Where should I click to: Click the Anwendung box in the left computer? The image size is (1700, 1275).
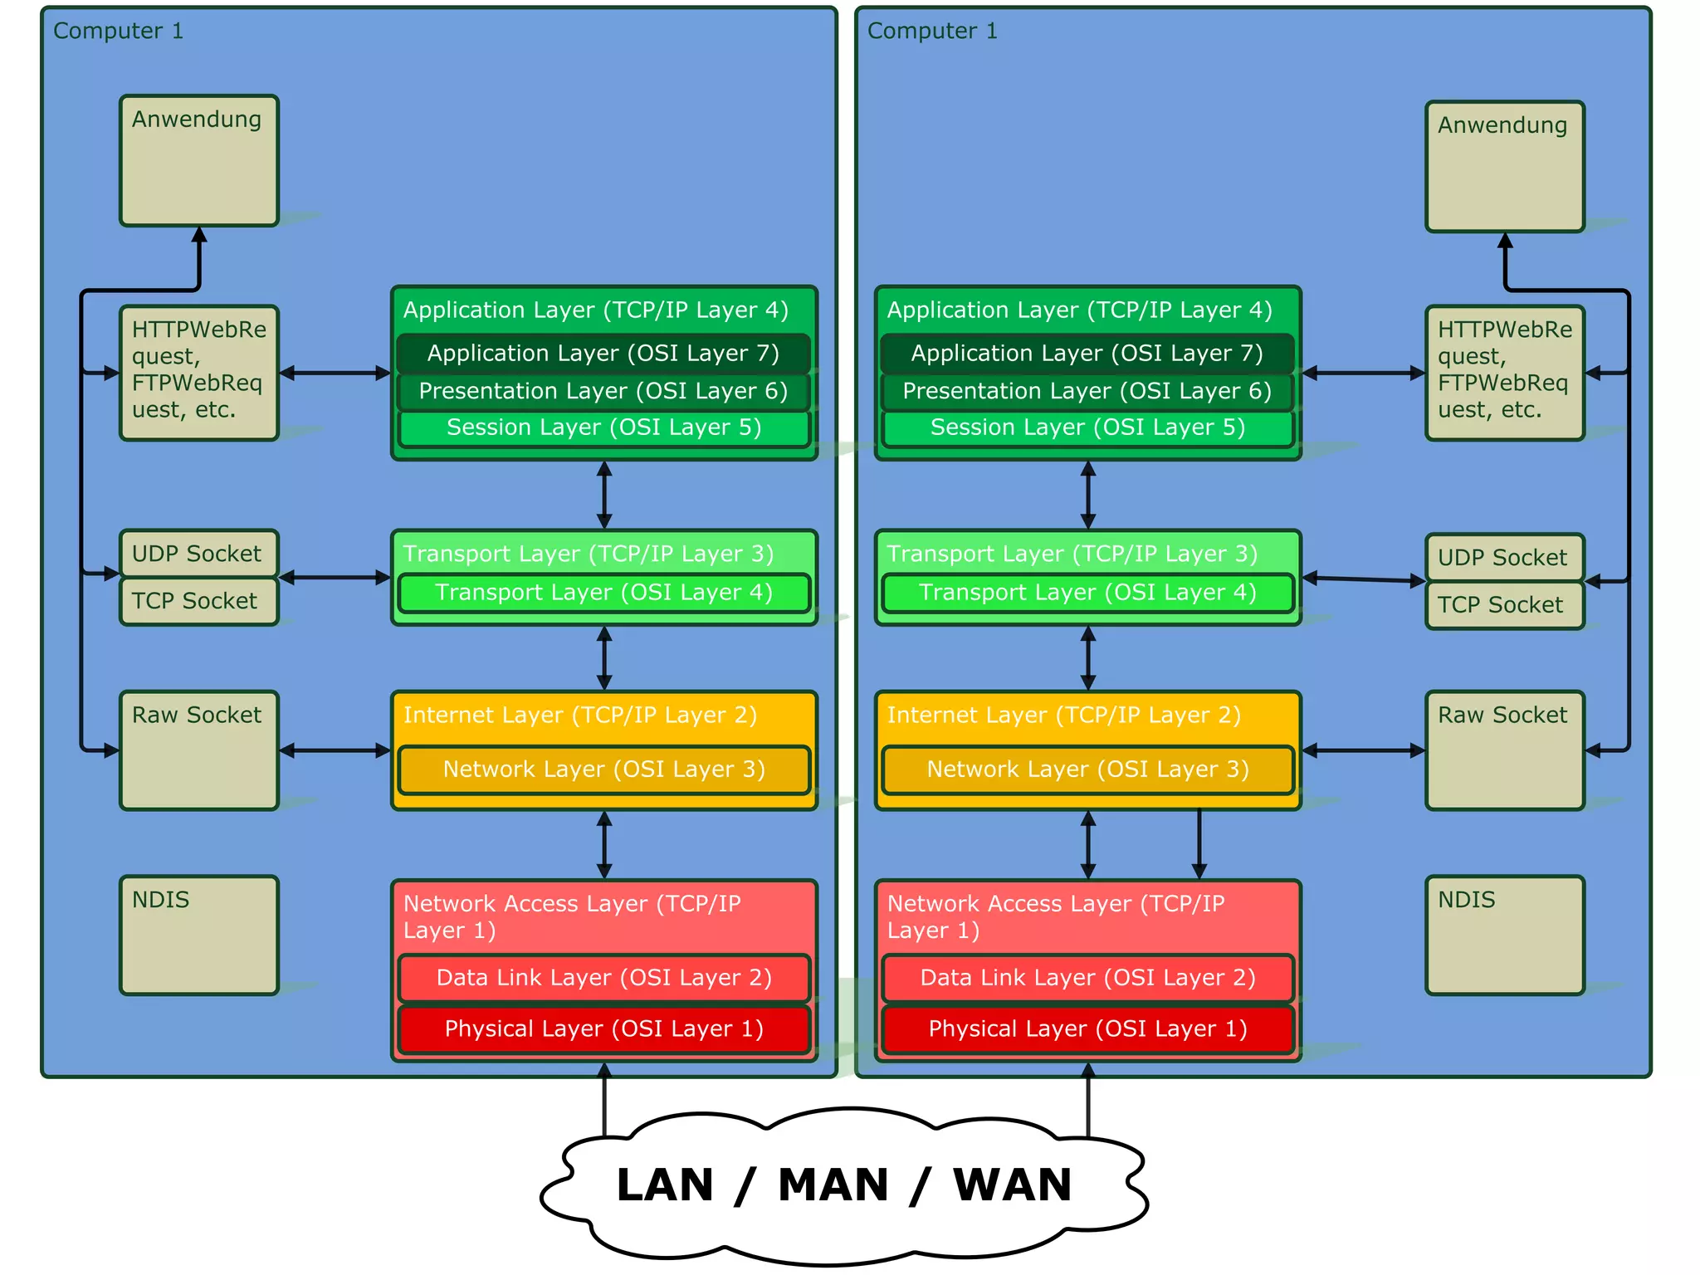pos(198,161)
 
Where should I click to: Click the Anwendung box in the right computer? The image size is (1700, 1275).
pos(1504,167)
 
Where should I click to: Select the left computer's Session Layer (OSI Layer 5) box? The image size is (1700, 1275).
pos(603,428)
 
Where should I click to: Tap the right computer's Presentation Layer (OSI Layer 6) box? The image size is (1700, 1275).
pos(1087,392)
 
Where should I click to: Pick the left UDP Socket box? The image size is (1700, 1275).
pos(198,554)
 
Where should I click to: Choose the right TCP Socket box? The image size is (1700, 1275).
pos(1503,606)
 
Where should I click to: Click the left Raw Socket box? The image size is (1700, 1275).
pos(198,750)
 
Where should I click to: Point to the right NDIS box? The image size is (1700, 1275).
pos(1504,935)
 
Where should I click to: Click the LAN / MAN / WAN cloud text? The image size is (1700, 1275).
pos(843,1185)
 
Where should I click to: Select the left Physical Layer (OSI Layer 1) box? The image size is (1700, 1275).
pos(603,1029)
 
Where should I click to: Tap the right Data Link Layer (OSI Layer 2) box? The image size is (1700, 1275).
pos(1087,978)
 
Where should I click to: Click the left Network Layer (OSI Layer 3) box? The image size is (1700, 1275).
pos(603,769)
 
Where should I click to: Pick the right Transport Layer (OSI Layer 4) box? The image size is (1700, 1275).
pos(1087,593)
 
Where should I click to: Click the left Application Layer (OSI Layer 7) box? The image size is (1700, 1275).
pos(603,354)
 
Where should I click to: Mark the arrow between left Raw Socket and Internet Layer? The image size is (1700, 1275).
pos(335,750)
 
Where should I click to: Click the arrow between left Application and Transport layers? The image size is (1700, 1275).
pos(604,495)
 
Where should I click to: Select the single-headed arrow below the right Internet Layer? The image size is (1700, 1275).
pos(1199,844)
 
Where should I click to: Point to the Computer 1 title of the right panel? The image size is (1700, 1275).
pos(931,32)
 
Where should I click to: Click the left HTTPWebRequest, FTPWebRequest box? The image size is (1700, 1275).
pos(198,373)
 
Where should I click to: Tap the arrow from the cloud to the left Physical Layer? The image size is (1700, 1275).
pos(604,1100)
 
